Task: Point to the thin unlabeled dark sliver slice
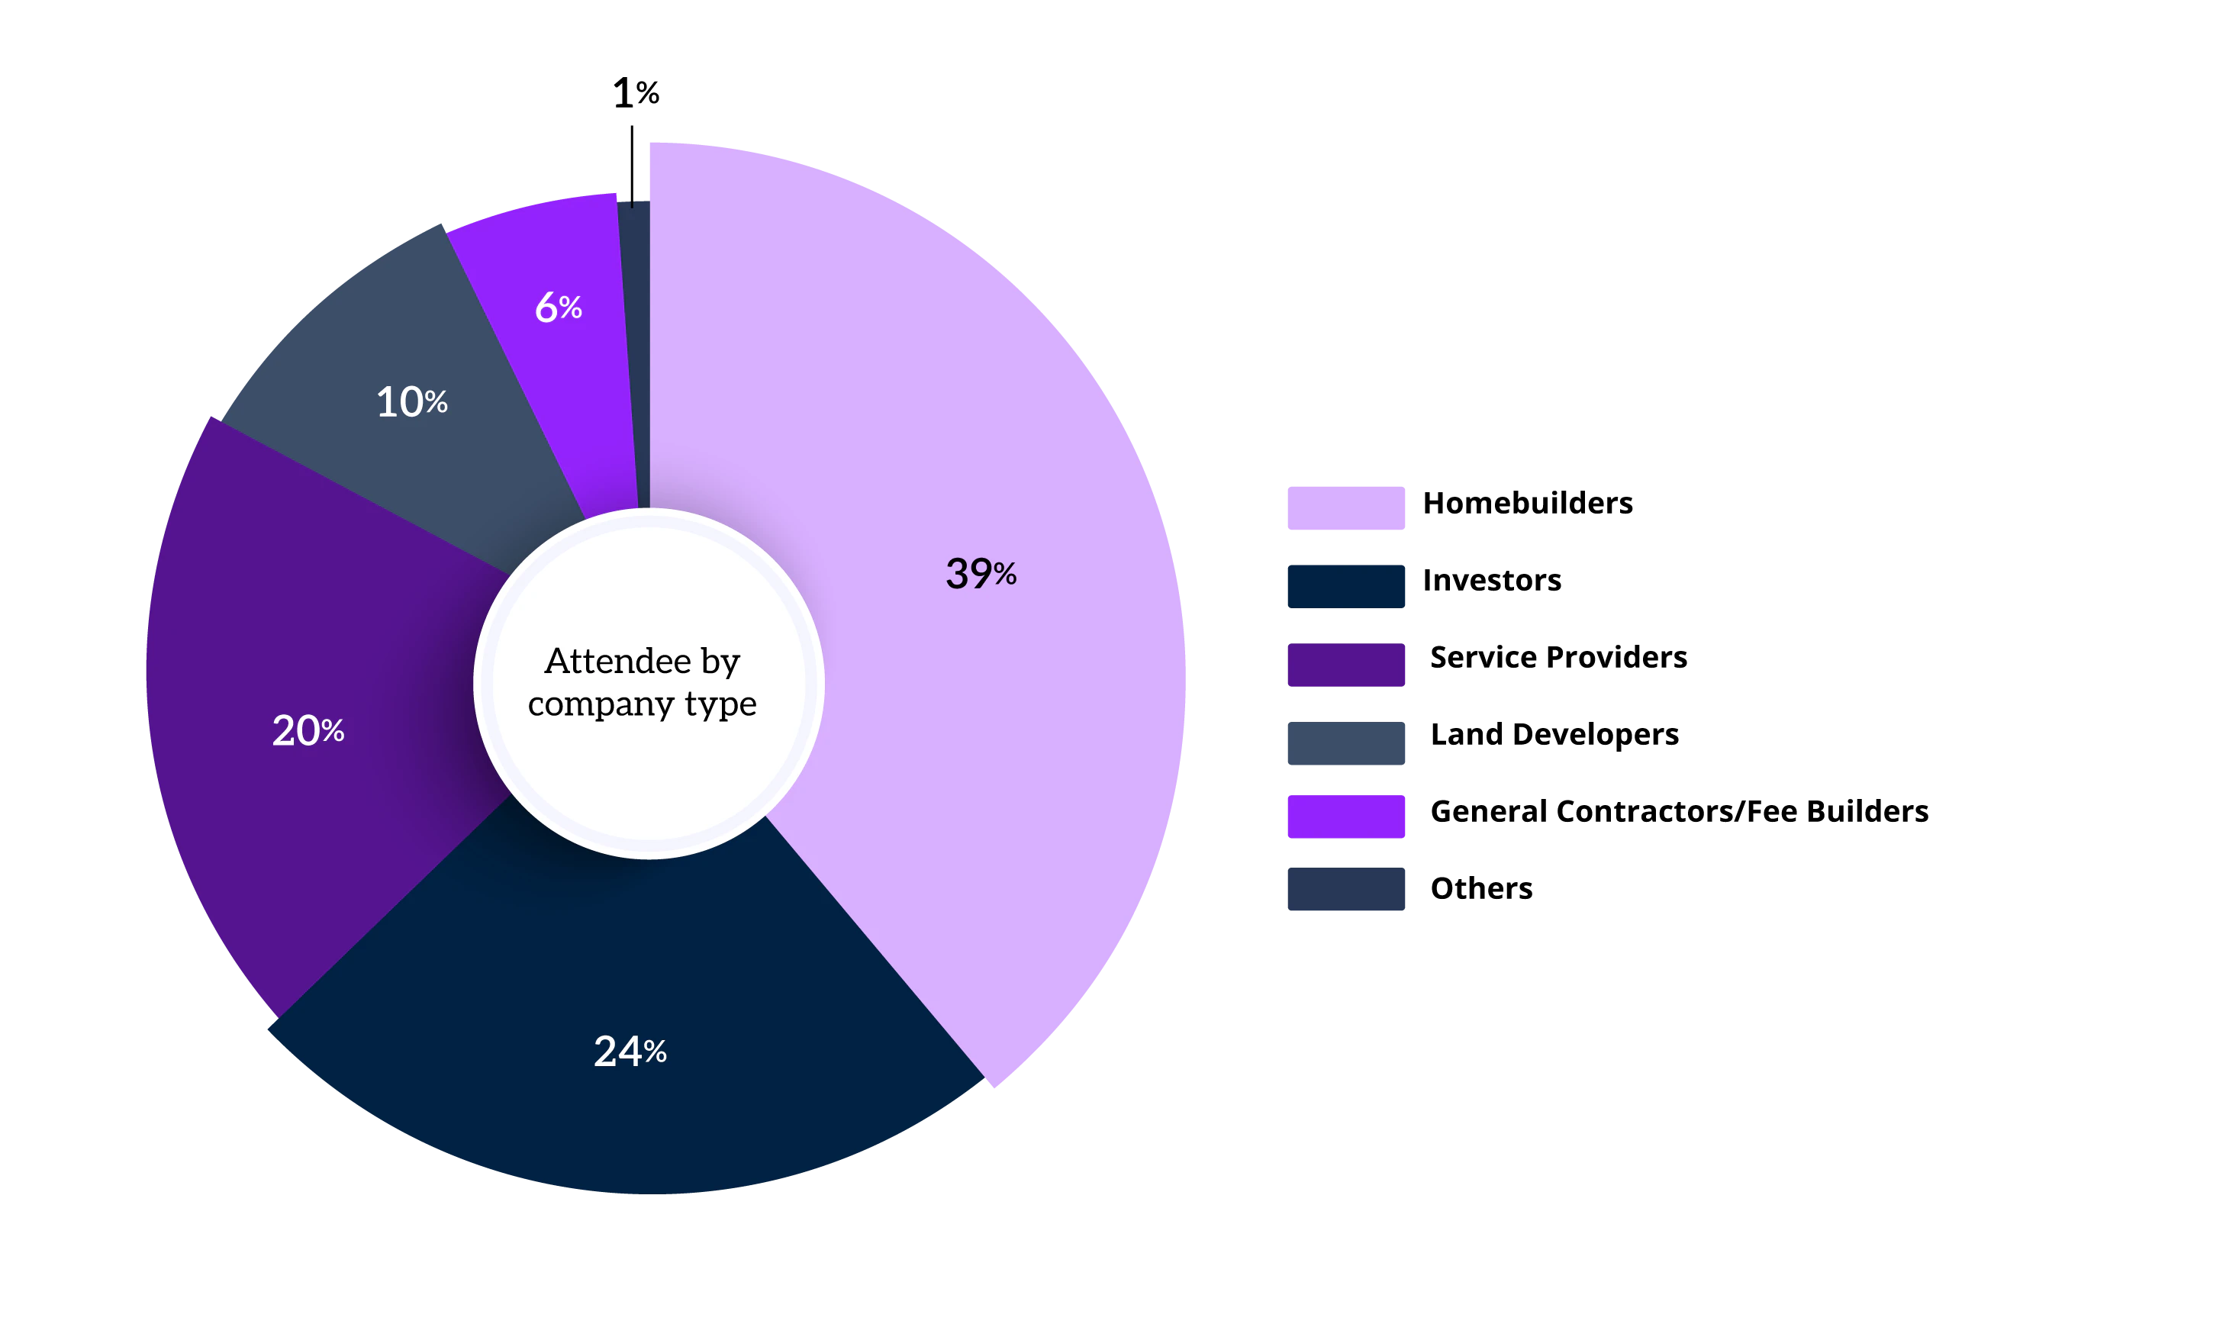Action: (635, 312)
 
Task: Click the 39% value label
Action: (981, 574)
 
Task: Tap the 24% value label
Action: (630, 1052)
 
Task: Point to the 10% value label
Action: (411, 402)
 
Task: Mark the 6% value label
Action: (559, 308)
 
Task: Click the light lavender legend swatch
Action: (1345, 507)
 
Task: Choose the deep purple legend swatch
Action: (1345, 665)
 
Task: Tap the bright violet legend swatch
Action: (1345, 817)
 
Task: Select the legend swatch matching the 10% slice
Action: (1345, 744)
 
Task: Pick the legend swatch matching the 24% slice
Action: (1345, 586)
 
